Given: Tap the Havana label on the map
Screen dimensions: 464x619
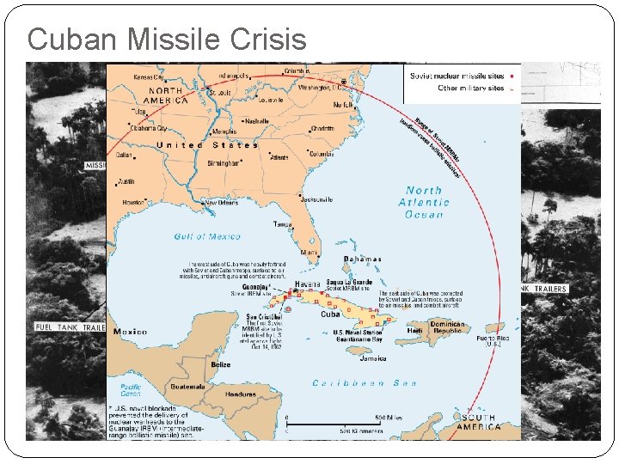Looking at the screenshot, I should click(307, 284).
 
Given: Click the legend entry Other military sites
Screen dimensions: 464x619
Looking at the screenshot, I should click(471, 88).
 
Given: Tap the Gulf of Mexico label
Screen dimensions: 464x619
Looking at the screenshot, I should click(201, 236).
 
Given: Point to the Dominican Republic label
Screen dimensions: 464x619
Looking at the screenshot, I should click(447, 329).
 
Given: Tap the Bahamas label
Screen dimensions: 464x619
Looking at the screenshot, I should click(362, 259).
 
